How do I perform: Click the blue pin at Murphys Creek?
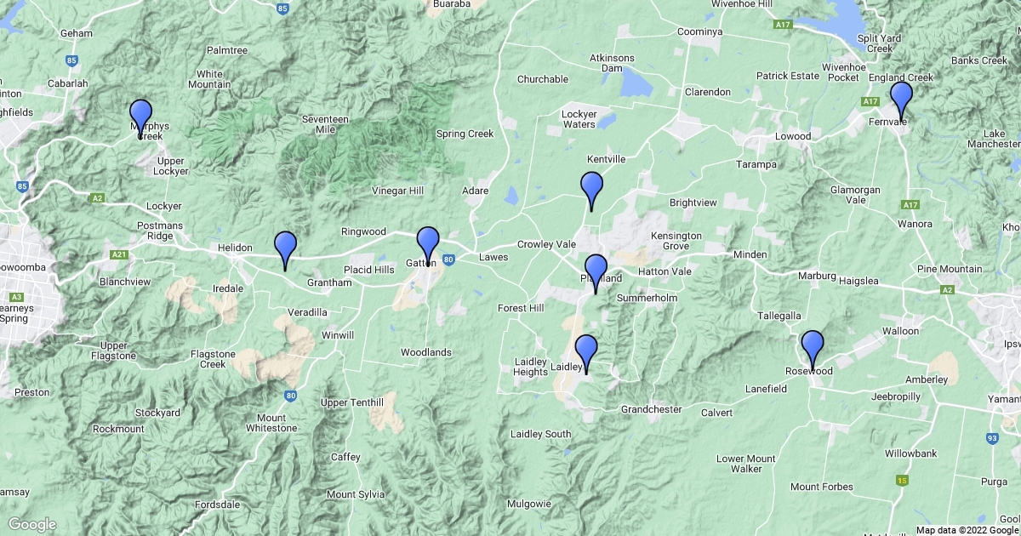(x=140, y=116)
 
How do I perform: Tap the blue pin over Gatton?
(x=427, y=243)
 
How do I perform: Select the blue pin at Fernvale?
(x=901, y=98)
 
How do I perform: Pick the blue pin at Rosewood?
(x=813, y=347)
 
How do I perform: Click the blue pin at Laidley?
(x=586, y=351)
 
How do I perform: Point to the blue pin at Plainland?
(x=596, y=271)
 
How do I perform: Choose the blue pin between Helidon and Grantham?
(x=285, y=248)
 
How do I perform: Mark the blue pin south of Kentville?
(x=591, y=187)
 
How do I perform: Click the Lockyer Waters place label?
(x=579, y=119)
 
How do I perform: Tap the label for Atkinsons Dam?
(x=612, y=63)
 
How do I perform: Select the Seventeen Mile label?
(x=325, y=125)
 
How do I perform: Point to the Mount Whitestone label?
(x=271, y=423)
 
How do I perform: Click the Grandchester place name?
(x=651, y=409)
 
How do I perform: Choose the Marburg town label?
(x=818, y=276)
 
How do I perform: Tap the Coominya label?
(x=699, y=31)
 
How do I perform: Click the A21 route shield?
(x=118, y=254)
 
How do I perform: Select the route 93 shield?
(x=992, y=439)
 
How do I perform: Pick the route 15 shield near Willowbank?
(x=901, y=481)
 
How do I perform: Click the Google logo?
(x=31, y=524)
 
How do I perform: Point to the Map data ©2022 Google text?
(x=967, y=530)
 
